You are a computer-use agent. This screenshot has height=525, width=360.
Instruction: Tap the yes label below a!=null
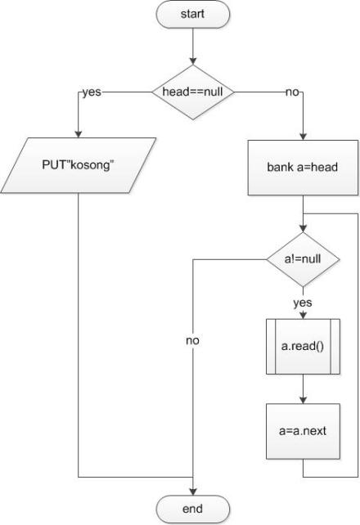point(303,302)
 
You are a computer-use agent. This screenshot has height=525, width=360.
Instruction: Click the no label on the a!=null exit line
point(193,339)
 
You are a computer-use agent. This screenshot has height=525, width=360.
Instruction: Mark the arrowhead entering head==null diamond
point(193,63)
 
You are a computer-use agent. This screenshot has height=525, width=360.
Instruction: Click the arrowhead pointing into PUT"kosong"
point(78,135)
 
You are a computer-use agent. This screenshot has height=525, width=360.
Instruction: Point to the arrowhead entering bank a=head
point(303,135)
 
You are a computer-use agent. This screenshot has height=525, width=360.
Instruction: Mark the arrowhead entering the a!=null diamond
point(303,230)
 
